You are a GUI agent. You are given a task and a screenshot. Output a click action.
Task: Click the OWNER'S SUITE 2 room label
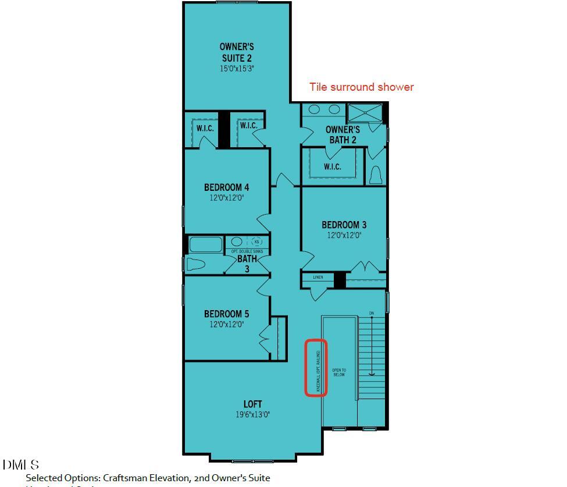[236, 52]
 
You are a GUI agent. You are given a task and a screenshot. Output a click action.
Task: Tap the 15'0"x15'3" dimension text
[236, 69]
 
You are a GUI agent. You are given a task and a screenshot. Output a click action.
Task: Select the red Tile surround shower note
[361, 87]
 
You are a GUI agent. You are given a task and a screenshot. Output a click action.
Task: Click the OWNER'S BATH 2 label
[343, 135]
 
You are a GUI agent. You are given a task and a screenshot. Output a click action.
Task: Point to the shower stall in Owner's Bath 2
[365, 113]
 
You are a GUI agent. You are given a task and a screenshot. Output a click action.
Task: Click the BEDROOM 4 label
[226, 187]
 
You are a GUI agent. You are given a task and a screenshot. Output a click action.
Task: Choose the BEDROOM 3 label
[344, 225]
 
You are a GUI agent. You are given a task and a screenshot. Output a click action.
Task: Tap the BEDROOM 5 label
[226, 314]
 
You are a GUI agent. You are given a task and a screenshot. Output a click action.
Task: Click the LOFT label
[252, 404]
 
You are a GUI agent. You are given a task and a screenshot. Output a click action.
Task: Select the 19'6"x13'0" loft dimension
[252, 415]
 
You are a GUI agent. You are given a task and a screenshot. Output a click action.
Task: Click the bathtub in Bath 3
[206, 245]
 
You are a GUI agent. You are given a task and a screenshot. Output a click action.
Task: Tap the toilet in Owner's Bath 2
[376, 174]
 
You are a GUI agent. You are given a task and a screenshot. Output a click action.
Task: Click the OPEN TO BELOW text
[339, 372]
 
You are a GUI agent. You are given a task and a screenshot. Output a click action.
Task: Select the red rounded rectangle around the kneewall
[316, 368]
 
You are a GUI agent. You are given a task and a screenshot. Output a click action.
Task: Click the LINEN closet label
[318, 278]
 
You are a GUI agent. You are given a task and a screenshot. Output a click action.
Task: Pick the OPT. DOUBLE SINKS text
[247, 251]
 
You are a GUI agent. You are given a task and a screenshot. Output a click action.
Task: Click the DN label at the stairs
[372, 314]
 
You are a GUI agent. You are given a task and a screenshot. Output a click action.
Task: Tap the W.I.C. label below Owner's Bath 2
[332, 167]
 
